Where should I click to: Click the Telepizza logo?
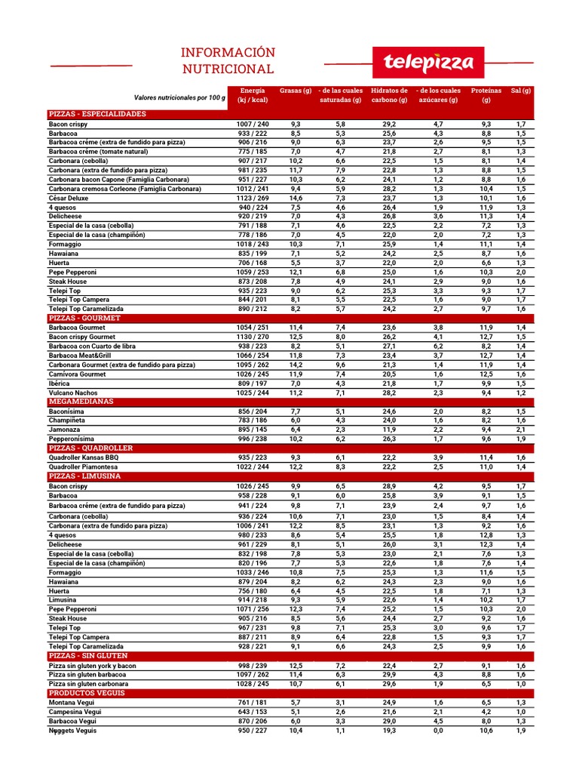427,62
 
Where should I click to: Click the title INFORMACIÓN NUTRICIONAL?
227,60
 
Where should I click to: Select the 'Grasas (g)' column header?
296,91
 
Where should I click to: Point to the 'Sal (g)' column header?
521,91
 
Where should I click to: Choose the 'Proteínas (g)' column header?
486,95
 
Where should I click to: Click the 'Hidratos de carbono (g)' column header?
389,95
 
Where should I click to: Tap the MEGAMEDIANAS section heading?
81,402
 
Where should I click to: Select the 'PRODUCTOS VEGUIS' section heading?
87,692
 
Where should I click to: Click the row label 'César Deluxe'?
69,198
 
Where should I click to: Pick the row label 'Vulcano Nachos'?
74,393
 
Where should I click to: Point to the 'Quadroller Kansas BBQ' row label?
84,457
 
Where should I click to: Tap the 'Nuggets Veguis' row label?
73,730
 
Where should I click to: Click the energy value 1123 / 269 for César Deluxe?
253,198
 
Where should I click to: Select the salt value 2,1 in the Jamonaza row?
521,430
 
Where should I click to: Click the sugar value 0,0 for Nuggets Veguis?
438,730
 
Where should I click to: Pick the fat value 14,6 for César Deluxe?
296,198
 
